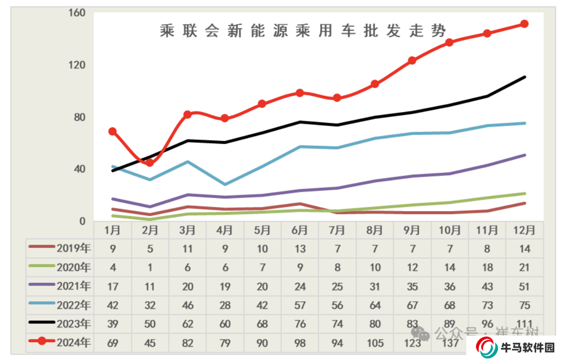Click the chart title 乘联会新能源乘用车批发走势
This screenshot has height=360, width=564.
(303, 31)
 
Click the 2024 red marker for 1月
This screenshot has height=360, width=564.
(112, 131)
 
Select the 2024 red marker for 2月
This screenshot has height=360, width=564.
(150, 162)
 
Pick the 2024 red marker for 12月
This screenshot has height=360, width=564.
(524, 23)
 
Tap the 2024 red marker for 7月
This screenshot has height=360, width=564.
(337, 98)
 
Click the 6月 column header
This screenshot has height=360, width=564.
(300, 230)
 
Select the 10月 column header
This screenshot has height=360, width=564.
(450, 230)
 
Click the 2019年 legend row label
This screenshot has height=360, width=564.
(74, 248)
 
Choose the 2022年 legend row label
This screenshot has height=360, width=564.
(74, 305)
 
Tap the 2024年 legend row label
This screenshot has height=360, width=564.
(74, 343)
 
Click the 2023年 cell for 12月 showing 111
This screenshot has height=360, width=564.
(524, 324)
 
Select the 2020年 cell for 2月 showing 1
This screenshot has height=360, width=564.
(150, 268)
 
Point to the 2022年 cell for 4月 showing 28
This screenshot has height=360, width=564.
(225, 305)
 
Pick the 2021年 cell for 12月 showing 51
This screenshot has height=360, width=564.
(524, 286)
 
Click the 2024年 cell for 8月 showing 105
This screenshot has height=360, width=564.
(375, 343)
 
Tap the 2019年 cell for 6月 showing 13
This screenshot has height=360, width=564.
(300, 248)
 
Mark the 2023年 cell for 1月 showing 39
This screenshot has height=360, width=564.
(112, 324)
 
